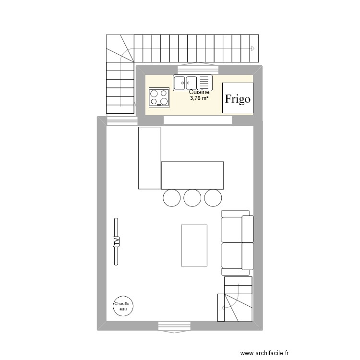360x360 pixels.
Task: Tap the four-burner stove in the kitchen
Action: point(158,97)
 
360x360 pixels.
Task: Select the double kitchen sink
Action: point(192,83)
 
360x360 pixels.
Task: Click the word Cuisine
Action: point(199,92)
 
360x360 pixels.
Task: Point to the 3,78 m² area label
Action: point(200,98)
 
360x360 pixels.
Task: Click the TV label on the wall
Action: point(116,241)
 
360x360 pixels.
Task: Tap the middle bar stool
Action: point(192,197)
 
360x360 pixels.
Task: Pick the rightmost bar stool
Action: point(213,197)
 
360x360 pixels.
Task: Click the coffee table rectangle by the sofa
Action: point(194,245)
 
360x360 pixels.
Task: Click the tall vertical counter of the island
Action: point(149,158)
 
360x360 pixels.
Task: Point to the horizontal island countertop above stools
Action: point(192,175)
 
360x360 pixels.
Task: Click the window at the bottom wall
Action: point(173,326)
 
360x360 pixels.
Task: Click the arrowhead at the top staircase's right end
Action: point(253,48)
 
